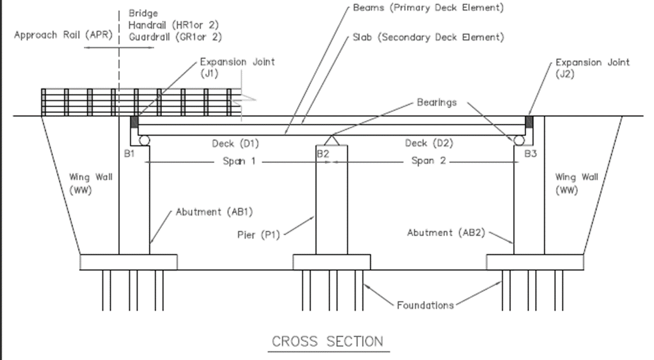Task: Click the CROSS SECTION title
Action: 327,342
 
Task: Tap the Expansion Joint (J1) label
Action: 237,67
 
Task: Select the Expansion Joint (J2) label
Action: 593,67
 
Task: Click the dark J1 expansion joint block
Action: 135,122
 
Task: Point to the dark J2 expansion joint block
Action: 529,122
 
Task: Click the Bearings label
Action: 436,103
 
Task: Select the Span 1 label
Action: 239,162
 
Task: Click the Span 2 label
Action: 428,162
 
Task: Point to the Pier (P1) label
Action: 260,233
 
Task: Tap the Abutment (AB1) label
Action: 214,212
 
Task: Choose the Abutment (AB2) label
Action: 446,232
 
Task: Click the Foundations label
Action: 425,305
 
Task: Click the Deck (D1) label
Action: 235,143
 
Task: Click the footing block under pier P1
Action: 331,262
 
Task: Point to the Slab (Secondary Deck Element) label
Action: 428,37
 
